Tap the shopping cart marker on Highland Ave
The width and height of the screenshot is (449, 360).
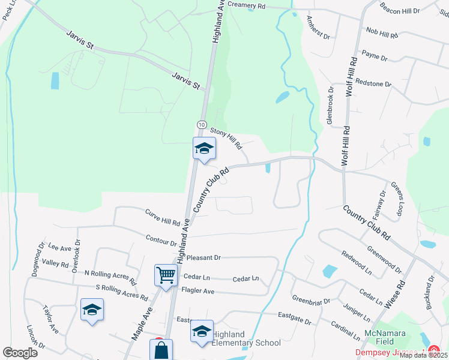(166, 275)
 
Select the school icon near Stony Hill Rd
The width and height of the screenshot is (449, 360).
(204, 148)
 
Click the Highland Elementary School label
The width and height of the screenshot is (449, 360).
(246, 338)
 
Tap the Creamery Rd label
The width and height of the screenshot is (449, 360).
(246, 5)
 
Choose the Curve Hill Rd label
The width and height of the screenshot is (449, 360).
(163, 217)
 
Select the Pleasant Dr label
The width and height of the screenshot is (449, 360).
(203, 257)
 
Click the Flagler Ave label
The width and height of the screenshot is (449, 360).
(197, 291)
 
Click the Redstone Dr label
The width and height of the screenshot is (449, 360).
(373, 83)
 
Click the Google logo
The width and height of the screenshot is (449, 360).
(20, 353)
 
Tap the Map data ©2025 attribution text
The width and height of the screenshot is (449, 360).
(423, 355)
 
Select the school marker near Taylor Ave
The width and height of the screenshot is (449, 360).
(91, 310)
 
